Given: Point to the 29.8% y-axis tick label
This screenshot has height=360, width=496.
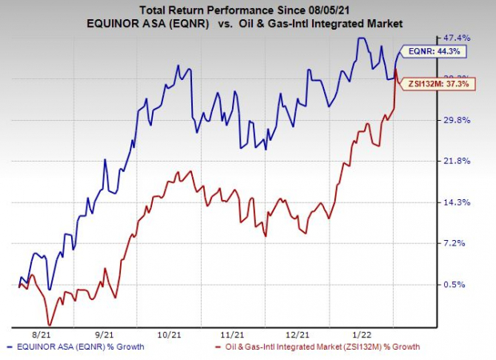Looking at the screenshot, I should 455,120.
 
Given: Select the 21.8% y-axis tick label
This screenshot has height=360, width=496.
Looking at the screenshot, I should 455,161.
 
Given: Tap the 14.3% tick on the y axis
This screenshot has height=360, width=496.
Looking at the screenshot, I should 455,202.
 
